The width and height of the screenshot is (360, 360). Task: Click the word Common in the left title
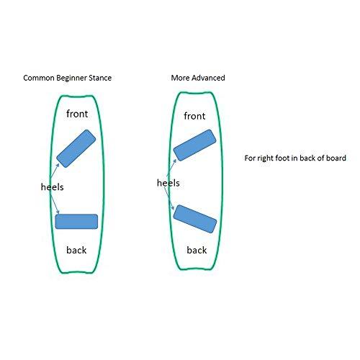pos(39,78)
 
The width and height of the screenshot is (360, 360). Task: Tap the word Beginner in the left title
pos(71,78)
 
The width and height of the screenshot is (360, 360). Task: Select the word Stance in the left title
pos(100,78)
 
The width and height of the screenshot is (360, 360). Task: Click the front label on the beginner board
pos(77,114)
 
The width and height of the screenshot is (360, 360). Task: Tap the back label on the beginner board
pos(76,250)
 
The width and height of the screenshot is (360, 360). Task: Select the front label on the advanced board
pos(194,116)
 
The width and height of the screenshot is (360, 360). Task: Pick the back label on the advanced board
pos(197,250)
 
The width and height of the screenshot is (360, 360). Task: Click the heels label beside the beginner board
pos(53,186)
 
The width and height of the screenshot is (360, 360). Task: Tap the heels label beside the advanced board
pos(168,183)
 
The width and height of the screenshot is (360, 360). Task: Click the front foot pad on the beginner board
pos(76,148)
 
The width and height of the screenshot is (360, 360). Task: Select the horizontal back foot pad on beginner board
pos(76,222)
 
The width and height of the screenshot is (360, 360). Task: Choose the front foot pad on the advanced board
pos(194,145)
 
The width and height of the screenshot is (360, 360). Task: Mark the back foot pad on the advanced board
pos(195,219)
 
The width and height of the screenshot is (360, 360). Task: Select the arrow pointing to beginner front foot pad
pos(55,171)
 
